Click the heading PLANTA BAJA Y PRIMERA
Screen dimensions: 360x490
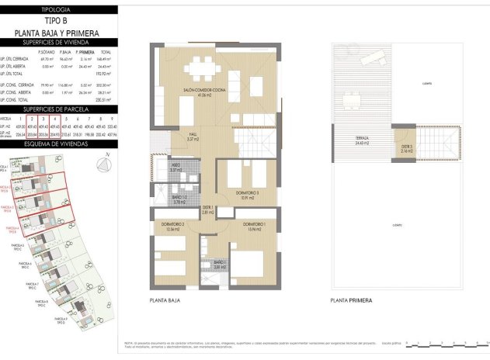click(57, 33)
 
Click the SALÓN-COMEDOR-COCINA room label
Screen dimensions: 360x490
click(204, 92)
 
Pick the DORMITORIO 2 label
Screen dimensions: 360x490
click(174, 227)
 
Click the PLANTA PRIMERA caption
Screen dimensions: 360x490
click(351, 299)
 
